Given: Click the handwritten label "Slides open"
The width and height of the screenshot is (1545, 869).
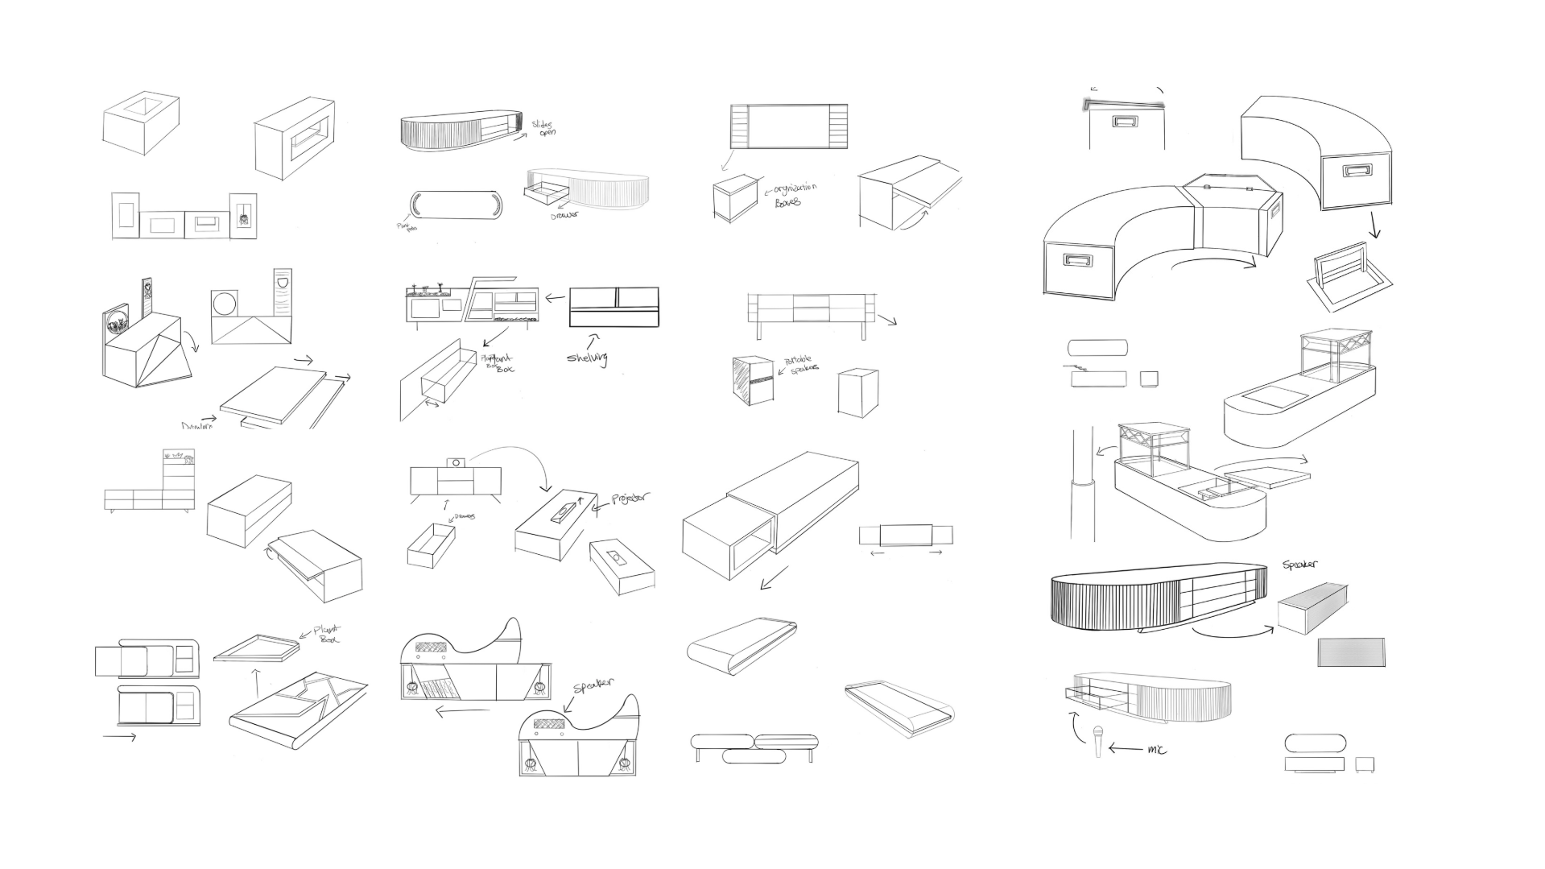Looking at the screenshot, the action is pos(543,128).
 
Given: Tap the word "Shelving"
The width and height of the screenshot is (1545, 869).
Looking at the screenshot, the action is pos(586,358).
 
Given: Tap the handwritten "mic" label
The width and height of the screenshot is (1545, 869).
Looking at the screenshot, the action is pos(1156,749).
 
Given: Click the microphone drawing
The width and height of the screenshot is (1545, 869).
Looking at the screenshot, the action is pos(1097,740).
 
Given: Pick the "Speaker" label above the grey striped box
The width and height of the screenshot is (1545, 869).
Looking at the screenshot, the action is pos(1300,565).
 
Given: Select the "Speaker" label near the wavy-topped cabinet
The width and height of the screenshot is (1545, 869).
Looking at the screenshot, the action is pos(593,686).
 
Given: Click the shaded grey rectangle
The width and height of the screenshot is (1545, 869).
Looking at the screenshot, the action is pos(1352,652).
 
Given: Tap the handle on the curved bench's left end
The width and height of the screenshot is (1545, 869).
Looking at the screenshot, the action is pos(1076,261).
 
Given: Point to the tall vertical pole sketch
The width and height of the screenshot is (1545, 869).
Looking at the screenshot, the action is pos(1083,483).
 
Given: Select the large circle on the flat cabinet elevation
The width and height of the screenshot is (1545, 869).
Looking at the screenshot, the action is pos(224,304).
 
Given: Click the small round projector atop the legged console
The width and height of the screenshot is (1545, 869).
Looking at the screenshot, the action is pos(456,462).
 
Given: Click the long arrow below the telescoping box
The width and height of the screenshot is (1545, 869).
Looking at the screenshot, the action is pos(775,577).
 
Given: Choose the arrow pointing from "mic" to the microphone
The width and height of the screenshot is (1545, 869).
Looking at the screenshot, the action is pos(1125,749).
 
